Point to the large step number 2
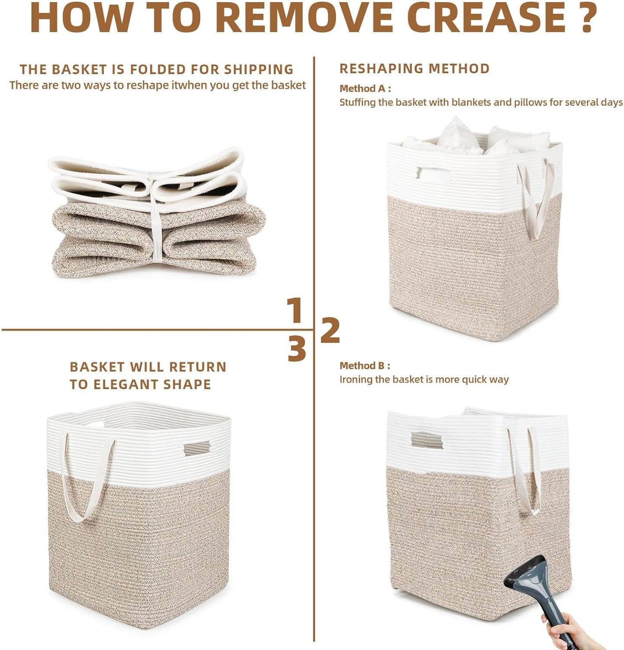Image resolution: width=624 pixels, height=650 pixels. click(330, 330)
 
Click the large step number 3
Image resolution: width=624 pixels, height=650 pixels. click(297, 349)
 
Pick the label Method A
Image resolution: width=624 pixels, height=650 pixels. click(365, 88)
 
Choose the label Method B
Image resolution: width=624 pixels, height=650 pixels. click(365, 366)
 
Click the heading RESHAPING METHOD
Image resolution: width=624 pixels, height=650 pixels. click(415, 68)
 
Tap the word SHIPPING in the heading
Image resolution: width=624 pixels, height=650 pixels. click(259, 69)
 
